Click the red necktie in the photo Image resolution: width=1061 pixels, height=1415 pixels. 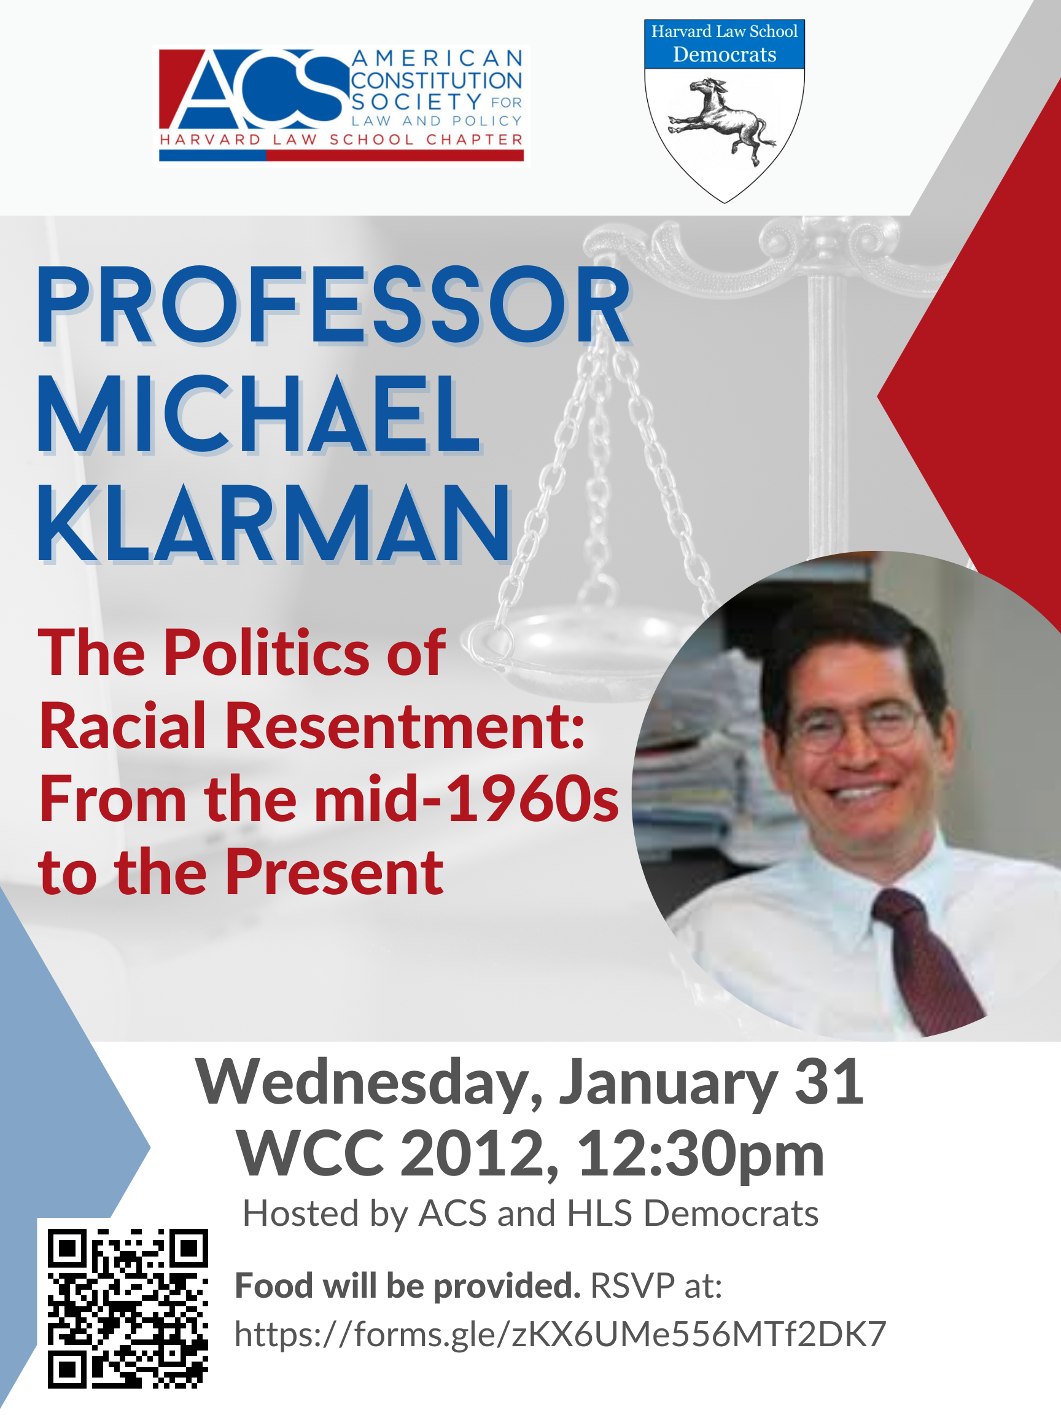tap(927, 959)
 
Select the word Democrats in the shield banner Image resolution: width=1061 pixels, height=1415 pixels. tap(725, 55)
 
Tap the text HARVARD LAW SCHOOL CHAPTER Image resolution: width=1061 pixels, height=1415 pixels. tap(341, 139)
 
